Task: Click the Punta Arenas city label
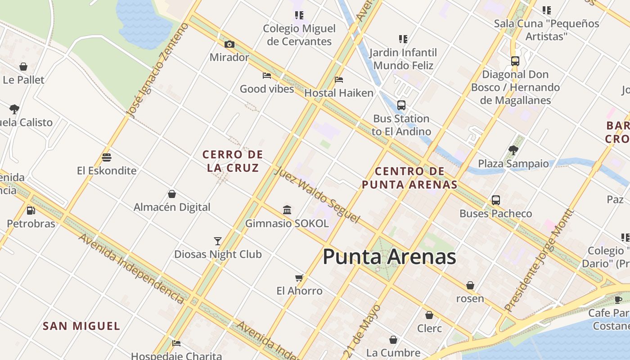click(389, 257)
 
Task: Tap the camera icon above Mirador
click(229, 44)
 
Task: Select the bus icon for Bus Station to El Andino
click(401, 105)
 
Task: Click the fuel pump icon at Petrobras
click(31, 210)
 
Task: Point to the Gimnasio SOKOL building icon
click(287, 210)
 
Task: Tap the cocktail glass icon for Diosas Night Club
click(218, 241)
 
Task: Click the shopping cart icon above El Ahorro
click(299, 278)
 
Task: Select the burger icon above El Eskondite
click(107, 157)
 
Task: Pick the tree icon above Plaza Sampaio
click(513, 150)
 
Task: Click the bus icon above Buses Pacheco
click(496, 200)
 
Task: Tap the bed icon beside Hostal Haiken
click(339, 80)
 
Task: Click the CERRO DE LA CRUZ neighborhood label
click(233, 161)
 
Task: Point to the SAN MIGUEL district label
click(81, 326)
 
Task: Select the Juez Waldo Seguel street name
click(317, 194)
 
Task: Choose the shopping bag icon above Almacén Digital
click(172, 194)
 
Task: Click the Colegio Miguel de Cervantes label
click(299, 35)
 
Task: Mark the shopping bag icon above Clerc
click(429, 315)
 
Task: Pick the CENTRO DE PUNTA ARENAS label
click(409, 178)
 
